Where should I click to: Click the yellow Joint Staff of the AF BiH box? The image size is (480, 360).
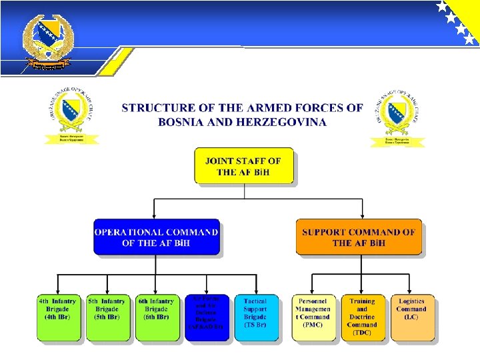click(244, 166)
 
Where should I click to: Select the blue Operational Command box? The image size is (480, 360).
click(157, 237)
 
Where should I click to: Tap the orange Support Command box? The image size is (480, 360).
click(359, 237)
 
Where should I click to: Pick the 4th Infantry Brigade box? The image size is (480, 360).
click(58, 318)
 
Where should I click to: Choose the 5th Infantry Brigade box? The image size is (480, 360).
click(107, 318)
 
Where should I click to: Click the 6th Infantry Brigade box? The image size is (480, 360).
click(157, 318)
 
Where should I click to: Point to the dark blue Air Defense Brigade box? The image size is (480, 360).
click(207, 318)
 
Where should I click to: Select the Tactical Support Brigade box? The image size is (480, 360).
click(256, 318)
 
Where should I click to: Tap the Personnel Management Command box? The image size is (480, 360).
click(313, 318)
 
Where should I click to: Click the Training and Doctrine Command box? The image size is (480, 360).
click(363, 318)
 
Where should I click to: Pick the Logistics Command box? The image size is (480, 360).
click(412, 318)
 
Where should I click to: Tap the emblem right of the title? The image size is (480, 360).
click(397, 117)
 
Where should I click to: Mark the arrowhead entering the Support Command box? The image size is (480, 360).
click(359, 215)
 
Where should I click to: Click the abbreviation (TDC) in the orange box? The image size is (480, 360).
click(362, 333)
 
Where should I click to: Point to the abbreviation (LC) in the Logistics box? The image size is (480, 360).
click(411, 317)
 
